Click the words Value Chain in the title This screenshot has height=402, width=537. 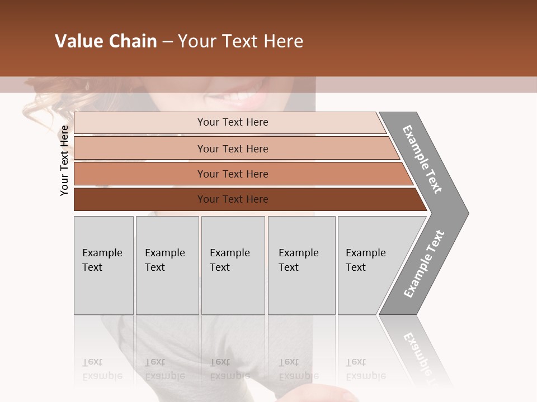(106, 41)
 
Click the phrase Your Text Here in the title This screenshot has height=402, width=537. (241, 41)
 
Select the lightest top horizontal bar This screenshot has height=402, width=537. (232, 122)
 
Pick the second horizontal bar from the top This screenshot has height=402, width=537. (232, 149)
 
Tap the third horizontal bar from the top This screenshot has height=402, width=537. (232, 174)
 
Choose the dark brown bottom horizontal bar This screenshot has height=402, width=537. (232, 199)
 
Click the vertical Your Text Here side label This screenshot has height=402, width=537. (64, 160)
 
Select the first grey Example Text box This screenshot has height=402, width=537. (103, 265)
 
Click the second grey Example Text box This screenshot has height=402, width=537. (167, 265)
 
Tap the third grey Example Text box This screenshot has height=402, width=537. (233, 265)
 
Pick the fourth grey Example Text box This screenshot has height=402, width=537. (301, 265)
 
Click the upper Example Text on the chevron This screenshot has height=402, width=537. (422, 159)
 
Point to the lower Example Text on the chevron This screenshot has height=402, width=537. (424, 264)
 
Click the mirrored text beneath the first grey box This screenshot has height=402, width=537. (102, 368)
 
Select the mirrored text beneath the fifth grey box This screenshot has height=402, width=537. (366, 368)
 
